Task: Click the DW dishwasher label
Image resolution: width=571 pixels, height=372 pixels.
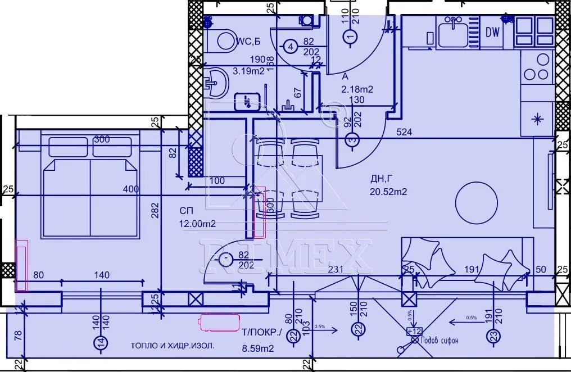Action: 493,33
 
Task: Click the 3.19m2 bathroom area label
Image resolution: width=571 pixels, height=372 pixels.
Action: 249,71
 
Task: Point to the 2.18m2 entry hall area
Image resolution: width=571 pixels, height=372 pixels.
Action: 357,89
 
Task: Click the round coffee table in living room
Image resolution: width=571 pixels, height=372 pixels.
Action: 475,202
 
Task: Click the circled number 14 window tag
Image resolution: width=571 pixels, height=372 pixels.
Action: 99,342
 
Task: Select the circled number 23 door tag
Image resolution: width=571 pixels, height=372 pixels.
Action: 493,336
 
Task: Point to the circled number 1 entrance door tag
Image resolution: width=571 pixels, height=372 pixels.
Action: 351,37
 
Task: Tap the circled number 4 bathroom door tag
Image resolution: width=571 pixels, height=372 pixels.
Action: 290,47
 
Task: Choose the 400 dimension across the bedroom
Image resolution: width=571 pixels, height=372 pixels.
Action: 131,190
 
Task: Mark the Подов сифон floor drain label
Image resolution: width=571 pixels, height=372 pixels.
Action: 440,340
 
